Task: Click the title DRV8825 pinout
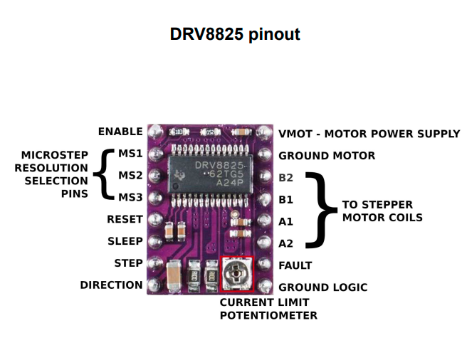pos(234,34)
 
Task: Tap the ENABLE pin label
pos(120,132)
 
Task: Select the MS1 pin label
pos(130,154)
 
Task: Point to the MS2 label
pos(130,175)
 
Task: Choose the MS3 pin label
pos(130,197)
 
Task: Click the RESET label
pos(125,219)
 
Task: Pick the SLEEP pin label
pos(125,241)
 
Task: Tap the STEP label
pos(128,263)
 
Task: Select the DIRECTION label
pos(111,285)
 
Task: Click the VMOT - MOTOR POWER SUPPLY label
pos(369,134)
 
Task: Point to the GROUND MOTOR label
pos(326,156)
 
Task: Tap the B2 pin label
pos(285,177)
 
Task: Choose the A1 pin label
pos(285,221)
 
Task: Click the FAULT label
pos(295,265)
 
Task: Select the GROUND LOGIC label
pos(322,287)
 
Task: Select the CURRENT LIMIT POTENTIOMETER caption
pos(268,309)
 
